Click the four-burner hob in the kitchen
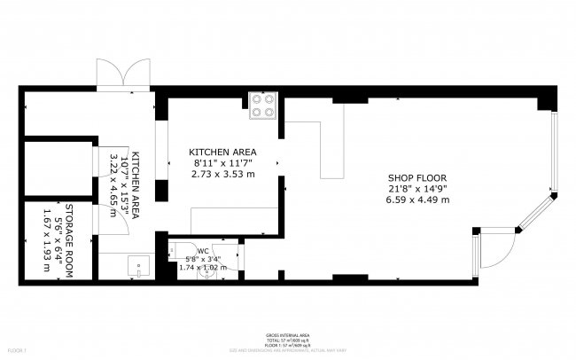point(263,106)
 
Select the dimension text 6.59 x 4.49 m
point(417,200)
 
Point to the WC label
point(203,250)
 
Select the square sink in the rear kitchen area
point(136,264)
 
